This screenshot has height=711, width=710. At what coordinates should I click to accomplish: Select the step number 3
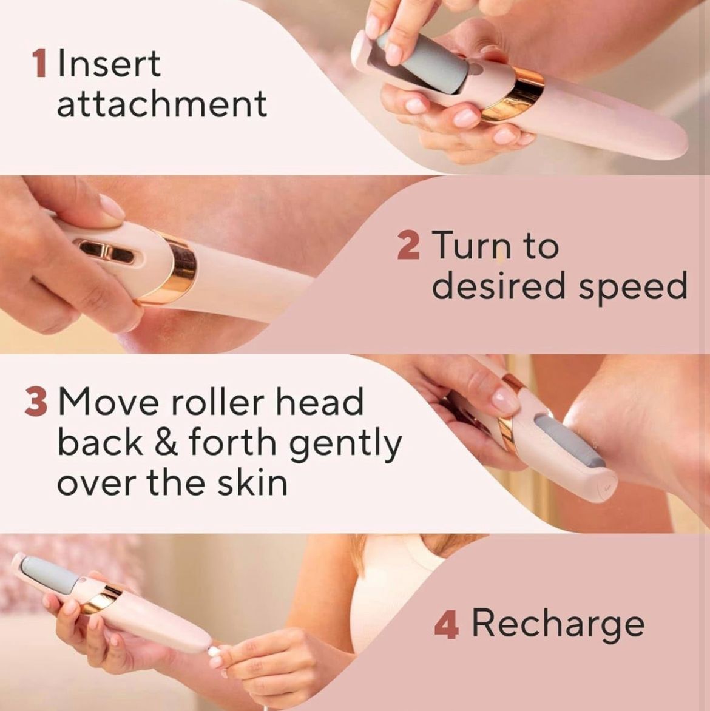36,402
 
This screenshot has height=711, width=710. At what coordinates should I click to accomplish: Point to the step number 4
446,624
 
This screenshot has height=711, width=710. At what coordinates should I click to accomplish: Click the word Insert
109,64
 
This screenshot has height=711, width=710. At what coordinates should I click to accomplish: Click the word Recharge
558,625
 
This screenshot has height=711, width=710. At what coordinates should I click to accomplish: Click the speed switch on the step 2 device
104,251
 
